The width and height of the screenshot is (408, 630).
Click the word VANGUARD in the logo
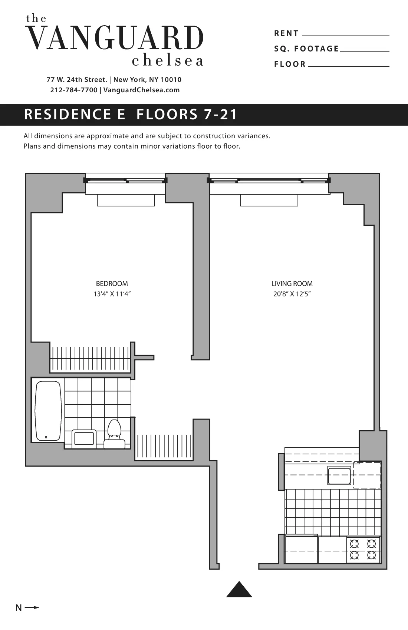click(x=115, y=38)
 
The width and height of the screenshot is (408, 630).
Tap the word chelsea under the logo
click(x=168, y=61)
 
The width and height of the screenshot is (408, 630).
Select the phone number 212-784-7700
click(x=73, y=90)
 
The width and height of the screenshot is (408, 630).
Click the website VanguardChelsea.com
click(x=141, y=90)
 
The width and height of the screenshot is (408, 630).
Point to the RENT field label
click(x=286, y=33)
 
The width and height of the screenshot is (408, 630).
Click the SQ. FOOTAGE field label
click(x=306, y=49)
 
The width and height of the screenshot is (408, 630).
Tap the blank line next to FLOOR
click(x=348, y=66)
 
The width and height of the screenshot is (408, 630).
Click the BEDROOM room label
click(x=112, y=284)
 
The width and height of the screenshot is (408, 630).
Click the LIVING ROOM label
click(x=292, y=284)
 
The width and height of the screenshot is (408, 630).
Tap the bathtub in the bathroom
click(x=48, y=411)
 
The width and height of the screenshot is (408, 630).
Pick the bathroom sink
click(x=84, y=439)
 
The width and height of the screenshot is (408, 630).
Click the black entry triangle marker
click(x=239, y=590)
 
